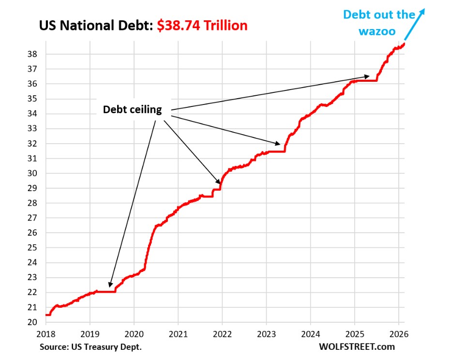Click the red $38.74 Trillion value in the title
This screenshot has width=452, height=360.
[202, 25]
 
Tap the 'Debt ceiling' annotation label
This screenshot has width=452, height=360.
[132, 110]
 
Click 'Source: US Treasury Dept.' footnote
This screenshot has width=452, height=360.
[90, 346]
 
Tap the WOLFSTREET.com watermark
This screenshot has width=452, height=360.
[357, 346]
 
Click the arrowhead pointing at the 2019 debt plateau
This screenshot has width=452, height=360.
[110, 286]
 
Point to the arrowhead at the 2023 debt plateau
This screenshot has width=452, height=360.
[278, 143]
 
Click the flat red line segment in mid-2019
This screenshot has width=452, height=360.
[106, 291]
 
